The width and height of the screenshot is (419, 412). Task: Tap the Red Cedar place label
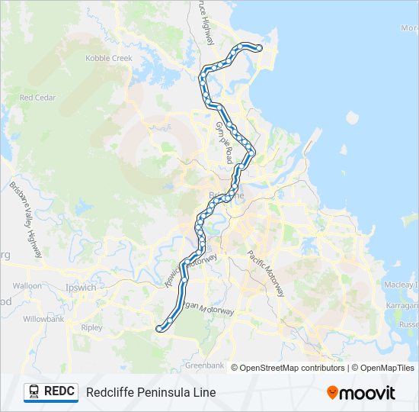[x=36, y=98]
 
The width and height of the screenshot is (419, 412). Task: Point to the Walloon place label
[x=27, y=285]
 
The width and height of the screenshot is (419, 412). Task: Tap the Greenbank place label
[x=204, y=365]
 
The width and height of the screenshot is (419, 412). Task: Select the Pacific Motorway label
[x=266, y=274]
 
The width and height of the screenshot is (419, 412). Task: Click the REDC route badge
[x=50, y=391]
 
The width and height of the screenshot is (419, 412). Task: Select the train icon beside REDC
[x=34, y=391]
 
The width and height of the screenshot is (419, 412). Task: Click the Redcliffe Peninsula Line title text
[x=151, y=392]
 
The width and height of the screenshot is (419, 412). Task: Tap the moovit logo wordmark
[x=368, y=393]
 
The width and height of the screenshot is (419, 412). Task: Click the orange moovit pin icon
[x=332, y=393]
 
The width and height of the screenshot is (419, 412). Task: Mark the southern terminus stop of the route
[x=159, y=329]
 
